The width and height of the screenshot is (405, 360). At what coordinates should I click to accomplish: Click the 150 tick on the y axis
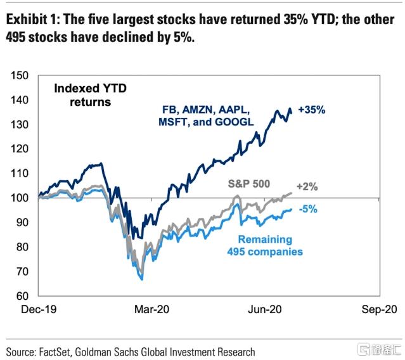20,76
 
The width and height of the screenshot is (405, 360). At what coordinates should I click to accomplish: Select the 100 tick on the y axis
20,198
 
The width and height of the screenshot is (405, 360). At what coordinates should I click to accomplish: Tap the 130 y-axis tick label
20,125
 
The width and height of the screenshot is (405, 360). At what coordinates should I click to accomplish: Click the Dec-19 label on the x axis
39,310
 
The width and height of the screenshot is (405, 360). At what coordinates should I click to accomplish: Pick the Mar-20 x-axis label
153,310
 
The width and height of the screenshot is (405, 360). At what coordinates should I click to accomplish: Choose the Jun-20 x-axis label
264,310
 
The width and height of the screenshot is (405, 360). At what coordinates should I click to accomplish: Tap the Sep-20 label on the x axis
376,310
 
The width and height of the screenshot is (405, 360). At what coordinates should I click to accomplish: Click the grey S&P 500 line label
249,184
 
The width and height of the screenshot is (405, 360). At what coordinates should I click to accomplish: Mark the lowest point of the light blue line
142,279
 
